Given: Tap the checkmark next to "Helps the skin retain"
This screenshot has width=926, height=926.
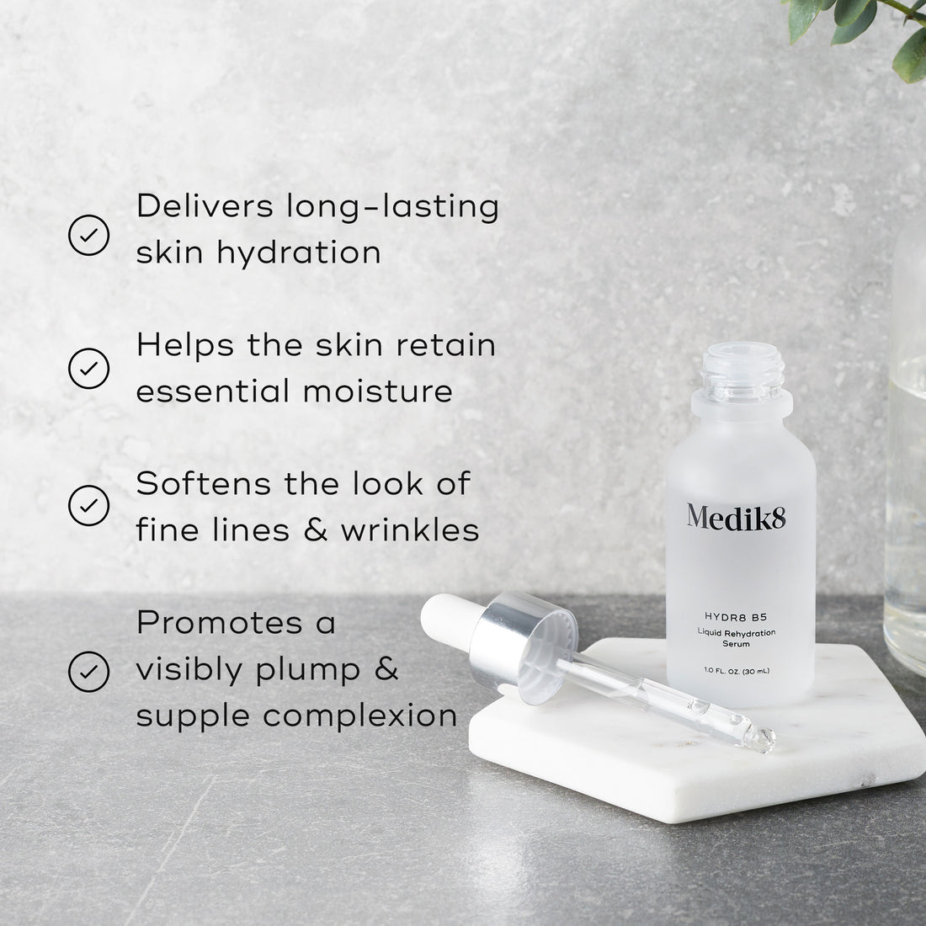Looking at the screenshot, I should [88, 368].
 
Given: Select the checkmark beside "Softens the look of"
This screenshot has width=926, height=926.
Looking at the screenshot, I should [88, 505].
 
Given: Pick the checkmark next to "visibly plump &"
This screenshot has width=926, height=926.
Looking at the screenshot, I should [88, 671].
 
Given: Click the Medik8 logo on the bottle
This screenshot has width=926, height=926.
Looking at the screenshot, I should [736, 516].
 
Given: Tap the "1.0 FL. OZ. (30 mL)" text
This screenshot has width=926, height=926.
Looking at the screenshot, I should [737, 670].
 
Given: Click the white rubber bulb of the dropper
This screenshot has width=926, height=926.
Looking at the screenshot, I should [446, 620].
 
